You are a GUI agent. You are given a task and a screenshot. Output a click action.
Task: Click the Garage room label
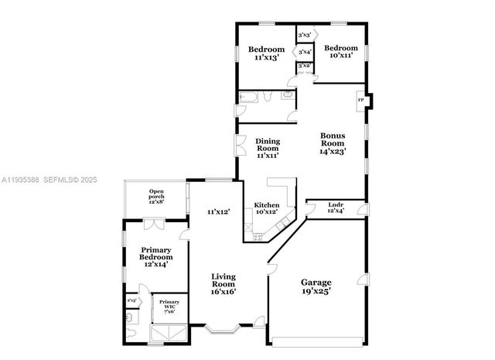(x=316, y=288)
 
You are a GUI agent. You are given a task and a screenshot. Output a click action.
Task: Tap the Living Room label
(x=224, y=283)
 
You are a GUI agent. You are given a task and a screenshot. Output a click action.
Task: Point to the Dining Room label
(x=268, y=148)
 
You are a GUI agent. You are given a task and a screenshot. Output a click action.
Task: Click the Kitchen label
(x=267, y=208)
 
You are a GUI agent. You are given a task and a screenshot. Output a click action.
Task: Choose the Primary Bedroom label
(x=156, y=256)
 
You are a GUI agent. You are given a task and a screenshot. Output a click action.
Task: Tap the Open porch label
(x=157, y=197)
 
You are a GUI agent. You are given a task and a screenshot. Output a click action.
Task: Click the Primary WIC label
(x=169, y=306)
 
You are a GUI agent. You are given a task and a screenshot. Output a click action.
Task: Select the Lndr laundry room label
(x=335, y=207)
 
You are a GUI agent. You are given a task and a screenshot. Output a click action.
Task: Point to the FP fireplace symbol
(x=360, y=101)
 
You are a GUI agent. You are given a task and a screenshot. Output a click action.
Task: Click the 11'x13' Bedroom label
(x=266, y=53)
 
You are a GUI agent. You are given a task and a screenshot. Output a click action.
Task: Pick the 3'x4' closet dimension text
(x=305, y=53)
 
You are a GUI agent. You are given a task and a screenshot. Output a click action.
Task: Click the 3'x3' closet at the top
(x=305, y=36)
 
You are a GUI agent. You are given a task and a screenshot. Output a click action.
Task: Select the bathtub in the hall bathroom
(x=249, y=98)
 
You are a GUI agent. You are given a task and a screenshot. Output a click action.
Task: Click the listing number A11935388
(x=23, y=180)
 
